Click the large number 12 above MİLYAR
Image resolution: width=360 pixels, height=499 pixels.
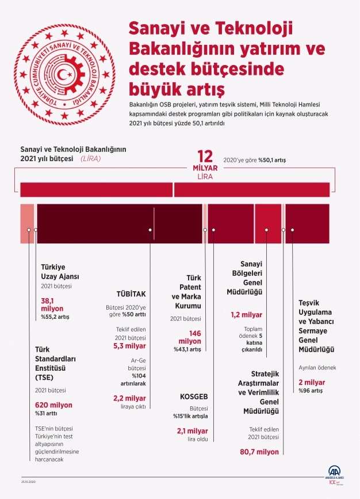pyautogui.click(x=205, y=157)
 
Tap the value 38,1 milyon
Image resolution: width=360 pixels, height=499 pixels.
pyautogui.click(x=51, y=304)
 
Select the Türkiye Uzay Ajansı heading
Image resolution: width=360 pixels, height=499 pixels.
pyautogui.click(x=60, y=271)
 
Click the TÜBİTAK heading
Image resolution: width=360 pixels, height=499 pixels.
pyautogui.click(x=130, y=293)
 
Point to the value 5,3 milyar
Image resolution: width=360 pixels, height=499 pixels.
pyautogui.click(x=129, y=346)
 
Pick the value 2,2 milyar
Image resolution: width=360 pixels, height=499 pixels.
pyautogui.click(x=129, y=398)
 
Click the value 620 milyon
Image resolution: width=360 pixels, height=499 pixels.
pyautogui.click(x=53, y=405)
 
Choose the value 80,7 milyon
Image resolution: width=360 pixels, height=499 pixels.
pyautogui.click(x=259, y=452)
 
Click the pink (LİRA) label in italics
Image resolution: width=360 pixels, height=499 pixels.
pyautogui.click(x=91, y=158)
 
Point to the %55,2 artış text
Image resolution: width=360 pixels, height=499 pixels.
pyautogui.click(x=55, y=317)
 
